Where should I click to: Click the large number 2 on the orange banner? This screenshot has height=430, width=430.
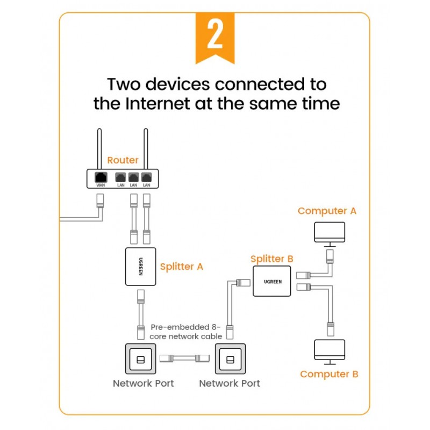[215, 35]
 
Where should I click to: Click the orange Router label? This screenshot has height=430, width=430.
[123, 160]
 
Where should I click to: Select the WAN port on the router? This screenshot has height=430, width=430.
[100, 177]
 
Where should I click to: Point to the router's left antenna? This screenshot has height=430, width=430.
[100, 148]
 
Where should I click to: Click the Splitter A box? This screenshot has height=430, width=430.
[141, 267]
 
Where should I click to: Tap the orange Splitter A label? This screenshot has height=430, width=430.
[182, 267]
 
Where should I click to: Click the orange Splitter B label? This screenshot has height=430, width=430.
[272, 259]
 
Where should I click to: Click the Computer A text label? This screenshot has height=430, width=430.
[327, 211]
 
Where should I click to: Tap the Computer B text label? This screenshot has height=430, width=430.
[329, 374]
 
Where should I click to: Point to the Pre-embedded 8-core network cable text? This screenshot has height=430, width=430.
[186, 331]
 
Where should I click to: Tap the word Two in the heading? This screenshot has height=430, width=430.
[127, 84]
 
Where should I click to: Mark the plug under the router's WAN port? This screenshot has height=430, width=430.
[100, 202]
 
